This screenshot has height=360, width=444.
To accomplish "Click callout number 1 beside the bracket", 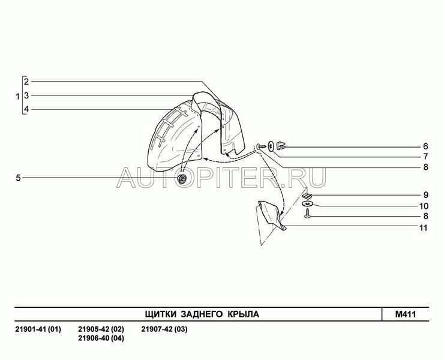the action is click(x=17, y=97).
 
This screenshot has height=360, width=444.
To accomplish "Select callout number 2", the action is click(x=26, y=82).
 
